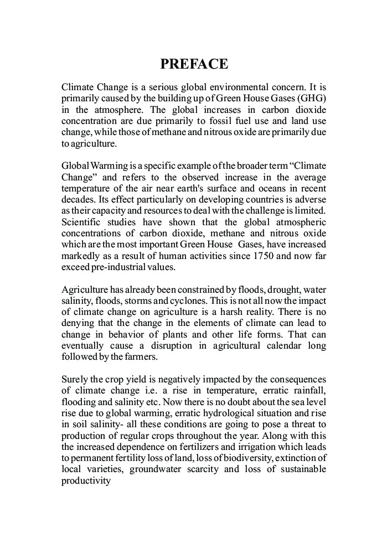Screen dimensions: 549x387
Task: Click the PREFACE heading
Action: (194, 64)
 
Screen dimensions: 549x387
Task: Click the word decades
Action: (78, 199)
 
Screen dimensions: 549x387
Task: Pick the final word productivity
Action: (86, 480)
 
